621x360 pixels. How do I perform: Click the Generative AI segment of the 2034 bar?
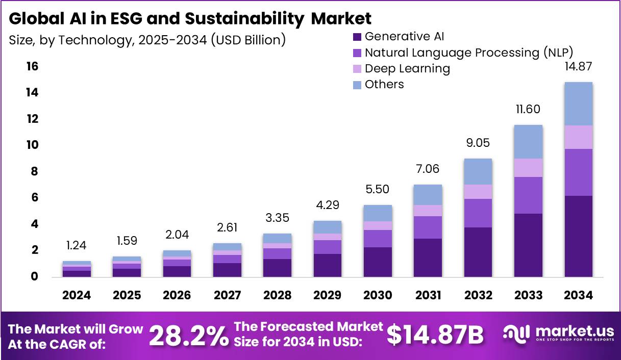coord(578,236)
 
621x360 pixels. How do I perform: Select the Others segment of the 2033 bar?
coord(528,142)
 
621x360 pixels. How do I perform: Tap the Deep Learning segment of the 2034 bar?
coord(578,137)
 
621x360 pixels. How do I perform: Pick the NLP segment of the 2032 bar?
coord(478,213)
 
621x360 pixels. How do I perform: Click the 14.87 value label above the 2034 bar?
coord(578,66)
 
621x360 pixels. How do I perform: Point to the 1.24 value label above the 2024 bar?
coord(77,245)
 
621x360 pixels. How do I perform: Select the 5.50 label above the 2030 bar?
coord(378,189)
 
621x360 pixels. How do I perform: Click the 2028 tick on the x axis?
coord(277,295)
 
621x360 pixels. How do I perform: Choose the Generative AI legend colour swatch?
coord(357,37)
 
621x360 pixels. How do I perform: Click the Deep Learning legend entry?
coord(407,68)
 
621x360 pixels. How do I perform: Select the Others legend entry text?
coord(384,84)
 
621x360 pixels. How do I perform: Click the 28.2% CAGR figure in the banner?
coord(189,335)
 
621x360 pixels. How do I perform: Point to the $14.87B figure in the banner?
coord(434,335)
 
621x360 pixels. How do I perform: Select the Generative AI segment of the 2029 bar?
coord(327,265)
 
